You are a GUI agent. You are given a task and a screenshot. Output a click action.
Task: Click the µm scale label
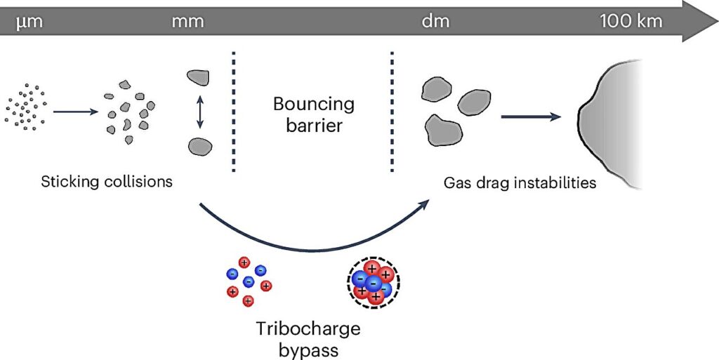point(29,22)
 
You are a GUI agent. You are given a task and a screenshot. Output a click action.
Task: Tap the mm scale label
point(187,22)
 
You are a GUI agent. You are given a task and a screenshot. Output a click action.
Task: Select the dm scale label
point(435,21)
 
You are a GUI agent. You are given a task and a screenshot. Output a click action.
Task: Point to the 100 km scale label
point(631,21)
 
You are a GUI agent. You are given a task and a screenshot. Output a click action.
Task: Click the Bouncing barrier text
point(314,114)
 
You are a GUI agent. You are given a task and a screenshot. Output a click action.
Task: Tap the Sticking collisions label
point(107,182)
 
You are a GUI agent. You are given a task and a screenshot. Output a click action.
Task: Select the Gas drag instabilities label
point(520,184)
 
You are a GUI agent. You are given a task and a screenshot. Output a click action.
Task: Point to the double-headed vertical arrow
point(199,112)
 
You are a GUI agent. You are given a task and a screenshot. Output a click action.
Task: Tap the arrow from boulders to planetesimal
point(531,116)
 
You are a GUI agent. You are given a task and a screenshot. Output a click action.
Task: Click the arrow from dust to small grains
point(76,112)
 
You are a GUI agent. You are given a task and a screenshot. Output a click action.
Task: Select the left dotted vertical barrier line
point(233,112)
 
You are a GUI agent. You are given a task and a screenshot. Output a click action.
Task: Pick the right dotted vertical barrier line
point(392,112)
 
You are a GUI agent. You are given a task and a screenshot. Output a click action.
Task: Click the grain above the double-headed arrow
point(199,77)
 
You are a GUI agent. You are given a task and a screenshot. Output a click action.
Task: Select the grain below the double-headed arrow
point(200,146)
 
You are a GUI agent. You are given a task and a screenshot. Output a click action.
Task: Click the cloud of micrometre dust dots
point(26,107)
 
